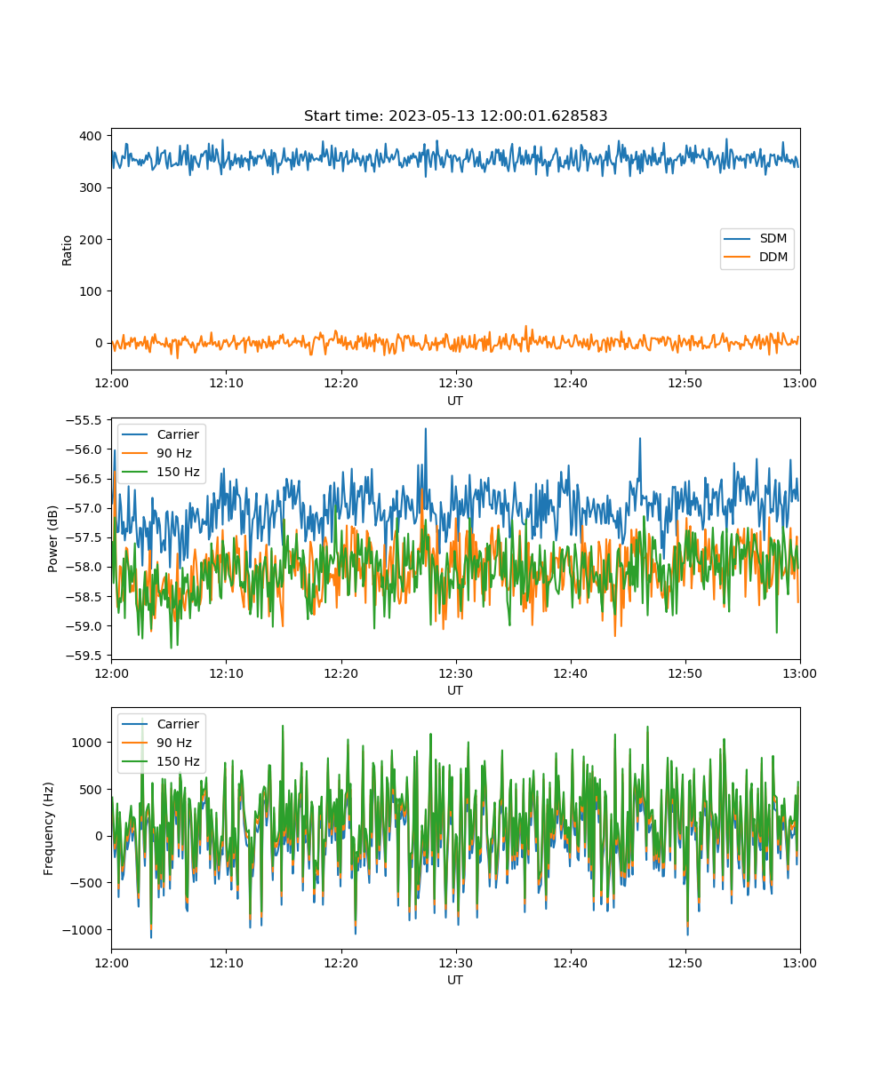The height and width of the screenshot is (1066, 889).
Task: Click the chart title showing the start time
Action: (455, 115)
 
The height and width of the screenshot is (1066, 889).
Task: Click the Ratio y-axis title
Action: (67, 251)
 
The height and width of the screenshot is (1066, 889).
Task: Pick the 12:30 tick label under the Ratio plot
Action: (455, 383)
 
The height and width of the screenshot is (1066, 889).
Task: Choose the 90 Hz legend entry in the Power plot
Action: (156, 453)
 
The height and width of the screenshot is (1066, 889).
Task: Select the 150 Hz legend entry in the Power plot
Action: (160, 472)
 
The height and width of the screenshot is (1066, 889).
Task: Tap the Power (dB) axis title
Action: (52, 538)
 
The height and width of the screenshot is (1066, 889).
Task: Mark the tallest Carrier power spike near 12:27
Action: (426, 429)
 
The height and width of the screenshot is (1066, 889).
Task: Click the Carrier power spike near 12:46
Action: (640, 439)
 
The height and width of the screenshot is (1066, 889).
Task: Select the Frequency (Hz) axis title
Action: (49, 829)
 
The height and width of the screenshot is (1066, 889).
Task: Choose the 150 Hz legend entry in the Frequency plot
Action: (160, 761)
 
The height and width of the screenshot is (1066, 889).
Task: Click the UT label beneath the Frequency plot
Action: (454, 980)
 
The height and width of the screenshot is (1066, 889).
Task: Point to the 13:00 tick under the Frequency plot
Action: (799, 963)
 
